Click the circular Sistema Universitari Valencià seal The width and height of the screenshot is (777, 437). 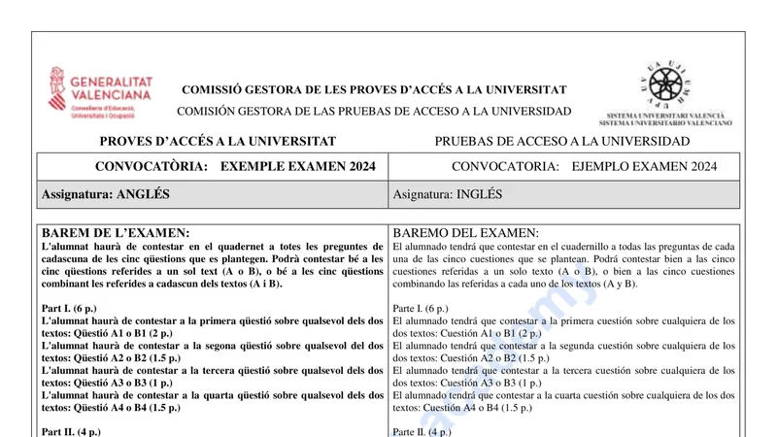(665, 84)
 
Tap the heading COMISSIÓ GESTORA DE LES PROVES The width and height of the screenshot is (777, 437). (374, 89)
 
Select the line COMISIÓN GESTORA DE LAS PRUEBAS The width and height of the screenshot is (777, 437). (374, 112)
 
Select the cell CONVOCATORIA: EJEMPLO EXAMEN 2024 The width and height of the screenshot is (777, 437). (584, 166)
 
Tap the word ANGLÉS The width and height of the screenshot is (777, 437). (143, 194)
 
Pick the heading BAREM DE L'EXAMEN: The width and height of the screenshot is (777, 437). (116, 233)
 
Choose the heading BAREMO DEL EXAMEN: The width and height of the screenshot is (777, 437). (465, 233)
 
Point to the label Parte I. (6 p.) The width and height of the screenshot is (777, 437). (426, 309)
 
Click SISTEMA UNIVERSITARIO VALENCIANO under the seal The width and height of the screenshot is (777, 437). (665, 123)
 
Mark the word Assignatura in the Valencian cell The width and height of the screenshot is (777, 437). (76, 194)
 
